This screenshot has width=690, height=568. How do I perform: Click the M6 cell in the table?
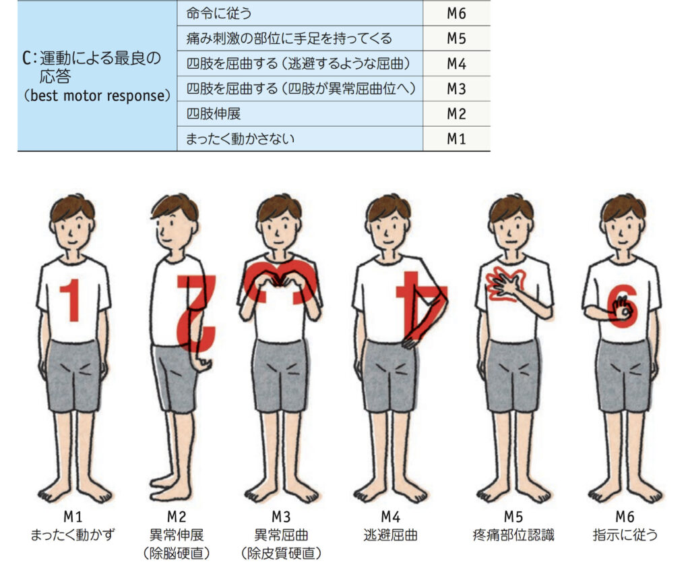click(x=456, y=13)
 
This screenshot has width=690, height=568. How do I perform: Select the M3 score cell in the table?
click(x=456, y=89)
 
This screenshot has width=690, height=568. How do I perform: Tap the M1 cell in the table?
click(x=456, y=140)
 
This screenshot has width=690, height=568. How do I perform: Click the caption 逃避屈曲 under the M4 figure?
click(x=390, y=536)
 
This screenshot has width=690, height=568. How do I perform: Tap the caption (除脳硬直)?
click(x=177, y=554)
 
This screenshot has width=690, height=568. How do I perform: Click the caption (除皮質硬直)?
click(x=280, y=554)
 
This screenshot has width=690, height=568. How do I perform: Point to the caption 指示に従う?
click(x=625, y=536)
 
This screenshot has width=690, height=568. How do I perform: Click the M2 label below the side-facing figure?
click(x=177, y=517)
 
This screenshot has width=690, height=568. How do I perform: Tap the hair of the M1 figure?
click(x=73, y=205)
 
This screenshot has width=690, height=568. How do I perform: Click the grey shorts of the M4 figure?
click(x=389, y=374)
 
